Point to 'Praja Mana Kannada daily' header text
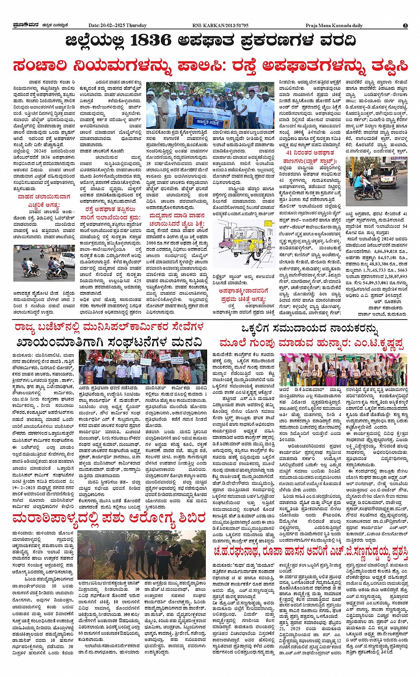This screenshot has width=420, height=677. click(334, 26)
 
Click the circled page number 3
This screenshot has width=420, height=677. click(405, 26)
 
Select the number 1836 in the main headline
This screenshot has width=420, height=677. click(151, 41)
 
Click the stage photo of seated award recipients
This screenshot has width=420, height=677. click(343, 369)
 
